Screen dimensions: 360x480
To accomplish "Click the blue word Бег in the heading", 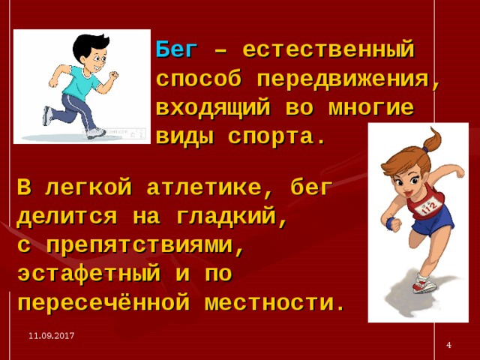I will (x=176, y=51).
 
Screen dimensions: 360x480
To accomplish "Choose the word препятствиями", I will (x=146, y=246).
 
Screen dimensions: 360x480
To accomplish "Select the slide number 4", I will (x=448, y=344).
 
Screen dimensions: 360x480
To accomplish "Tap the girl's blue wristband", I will (x=390, y=222).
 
